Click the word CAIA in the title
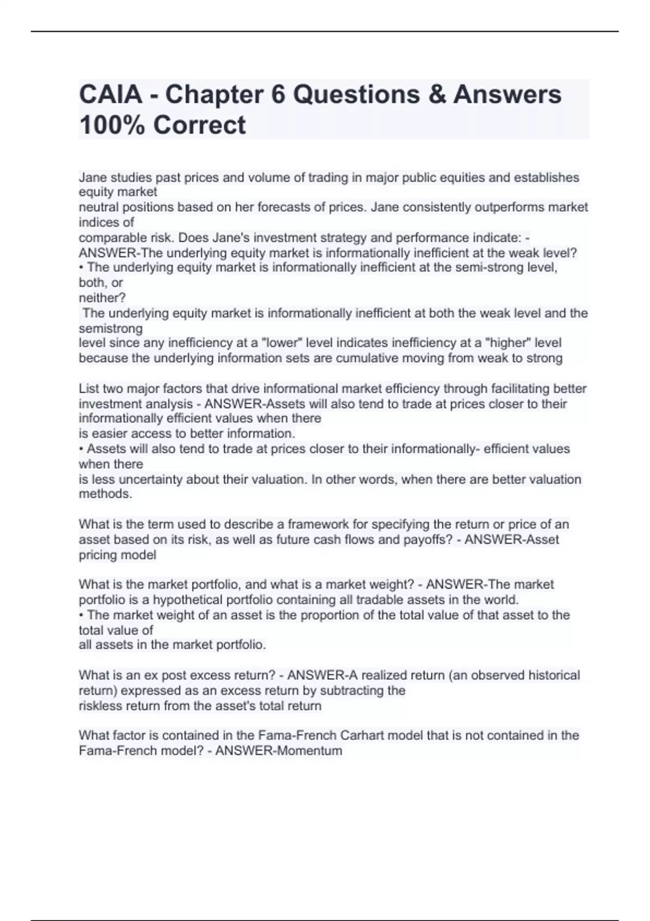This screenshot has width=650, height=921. click(111, 94)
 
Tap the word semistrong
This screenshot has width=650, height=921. click(111, 328)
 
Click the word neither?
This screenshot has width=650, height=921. click(102, 297)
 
